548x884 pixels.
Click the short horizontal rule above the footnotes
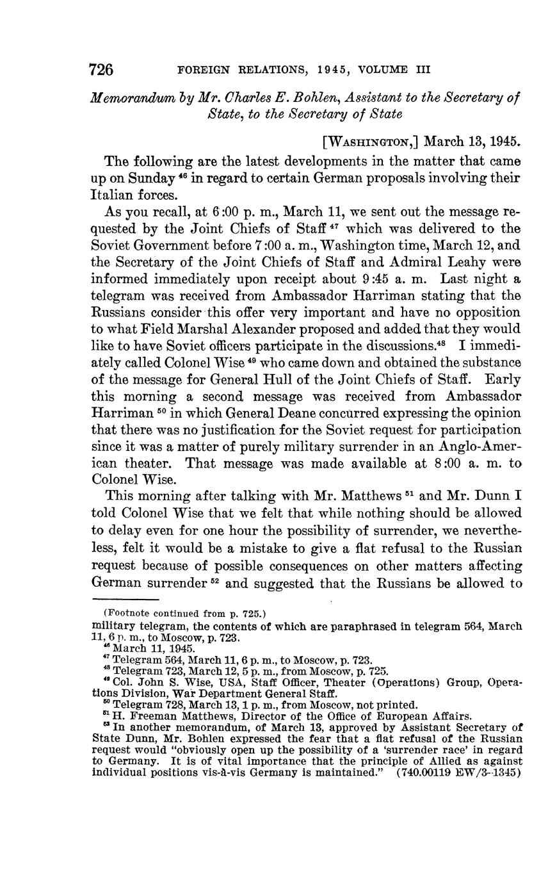(129, 598)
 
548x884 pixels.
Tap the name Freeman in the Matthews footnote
(145, 716)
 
